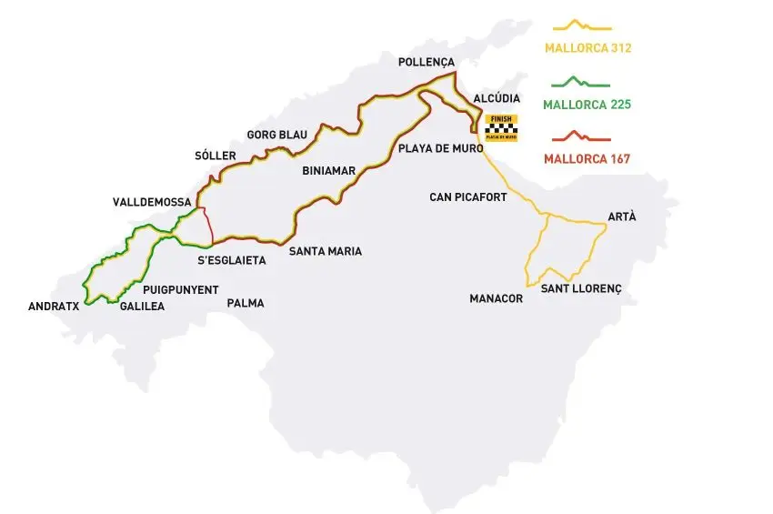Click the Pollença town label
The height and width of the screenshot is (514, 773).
point(426,62)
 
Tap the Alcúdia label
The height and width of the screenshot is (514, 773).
point(497,98)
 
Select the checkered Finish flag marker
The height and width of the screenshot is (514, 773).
point(501,128)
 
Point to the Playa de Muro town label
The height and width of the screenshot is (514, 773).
point(432,146)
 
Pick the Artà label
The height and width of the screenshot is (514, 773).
point(622,217)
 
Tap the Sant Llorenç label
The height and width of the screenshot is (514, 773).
point(580,288)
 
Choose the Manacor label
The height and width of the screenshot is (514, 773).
point(497,298)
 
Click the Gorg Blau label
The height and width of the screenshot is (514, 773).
point(276,135)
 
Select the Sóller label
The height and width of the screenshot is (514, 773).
point(215,156)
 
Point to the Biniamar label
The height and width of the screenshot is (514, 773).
point(329,170)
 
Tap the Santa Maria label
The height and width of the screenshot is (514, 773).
point(325,251)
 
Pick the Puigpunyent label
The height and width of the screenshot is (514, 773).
point(180,289)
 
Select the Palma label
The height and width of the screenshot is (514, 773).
point(246,303)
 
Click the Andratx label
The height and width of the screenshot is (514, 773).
point(54,307)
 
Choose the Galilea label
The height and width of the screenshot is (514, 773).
point(142,307)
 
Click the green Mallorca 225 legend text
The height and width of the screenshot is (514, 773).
point(587,105)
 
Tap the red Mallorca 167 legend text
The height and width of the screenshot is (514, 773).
point(587,159)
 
